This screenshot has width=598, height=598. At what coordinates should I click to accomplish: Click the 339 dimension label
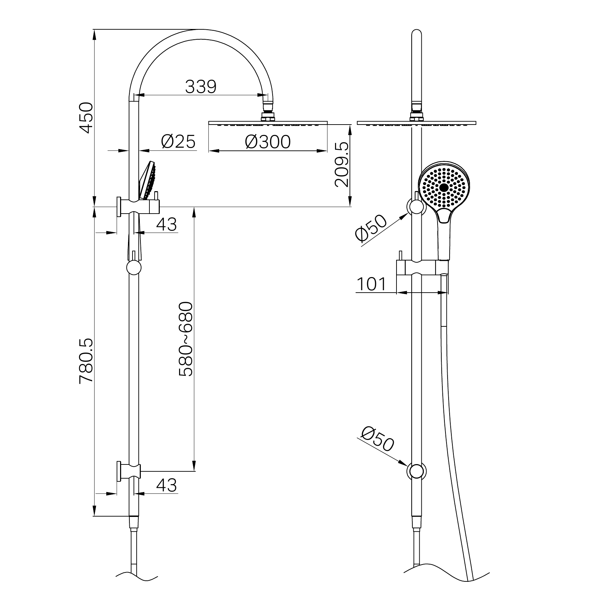pyautogui.click(x=200, y=87)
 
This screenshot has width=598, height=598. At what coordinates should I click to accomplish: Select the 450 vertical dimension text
pyautogui.click(x=86, y=117)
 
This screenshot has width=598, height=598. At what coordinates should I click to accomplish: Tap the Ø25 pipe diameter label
pyautogui.click(x=178, y=141)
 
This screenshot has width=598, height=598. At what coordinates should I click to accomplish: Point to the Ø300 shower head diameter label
pyautogui.click(x=268, y=142)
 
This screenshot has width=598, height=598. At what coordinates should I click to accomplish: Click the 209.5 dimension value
pyautogui.click(x=342, y=165)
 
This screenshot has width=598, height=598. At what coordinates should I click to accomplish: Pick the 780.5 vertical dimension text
pyautogui.click(x=86, y=361)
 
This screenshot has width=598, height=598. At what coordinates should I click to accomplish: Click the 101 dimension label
pyautogui.click(x=371, y=284)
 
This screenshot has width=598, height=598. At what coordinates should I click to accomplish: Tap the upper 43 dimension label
pyautogui.click(x=166, y=225)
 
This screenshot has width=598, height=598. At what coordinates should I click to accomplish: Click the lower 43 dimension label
pyautogui.click(x=166, y=485)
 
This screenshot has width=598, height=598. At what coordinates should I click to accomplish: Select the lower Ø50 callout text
pyautogui.click(x=378, y=439)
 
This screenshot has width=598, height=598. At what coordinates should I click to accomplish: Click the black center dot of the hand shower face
pyautogui.click(x=444, y=187)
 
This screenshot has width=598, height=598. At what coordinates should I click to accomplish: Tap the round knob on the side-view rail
pyautogui.click(x=134, y=267)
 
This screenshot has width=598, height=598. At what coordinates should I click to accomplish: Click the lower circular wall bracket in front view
pyautogui.click(x=417, y=471)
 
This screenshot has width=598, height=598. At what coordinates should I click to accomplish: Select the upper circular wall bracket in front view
pyautogui.click(x=416, y=207)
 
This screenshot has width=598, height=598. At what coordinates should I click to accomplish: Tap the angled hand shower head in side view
pyautogui.click(x=148, y=181)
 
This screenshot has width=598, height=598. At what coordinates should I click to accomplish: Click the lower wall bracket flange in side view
pyautogui.click(x=119, y=471)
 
